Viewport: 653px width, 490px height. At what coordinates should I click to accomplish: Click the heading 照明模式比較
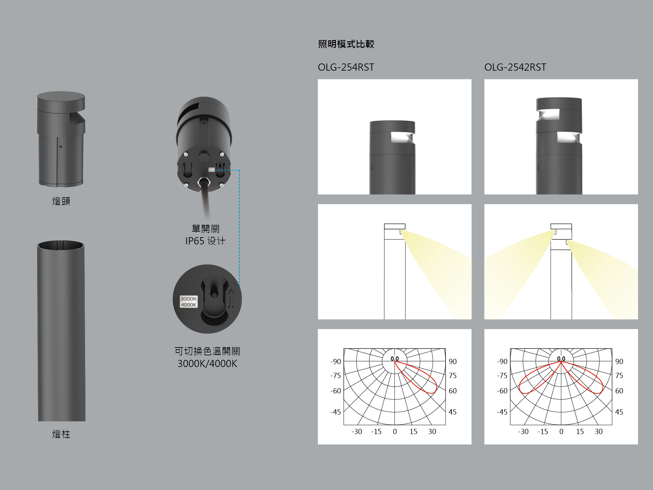coord(346,44)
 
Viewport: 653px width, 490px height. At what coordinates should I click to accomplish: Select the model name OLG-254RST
coord(346,67)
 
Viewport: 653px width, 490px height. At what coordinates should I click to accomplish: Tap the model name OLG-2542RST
coord(515,67)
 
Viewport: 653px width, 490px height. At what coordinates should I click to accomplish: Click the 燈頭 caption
coord(61,201)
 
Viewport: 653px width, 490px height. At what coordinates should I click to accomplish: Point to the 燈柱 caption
coord(61,434)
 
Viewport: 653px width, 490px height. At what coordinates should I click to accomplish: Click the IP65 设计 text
coord(205,241)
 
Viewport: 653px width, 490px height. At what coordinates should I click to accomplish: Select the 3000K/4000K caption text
coord(207,363)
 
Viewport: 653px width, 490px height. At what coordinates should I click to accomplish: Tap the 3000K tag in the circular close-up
coord(189,299)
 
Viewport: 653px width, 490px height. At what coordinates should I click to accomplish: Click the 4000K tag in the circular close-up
coord(189,305)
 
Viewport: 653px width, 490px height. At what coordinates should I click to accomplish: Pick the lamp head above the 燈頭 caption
coord(61,139)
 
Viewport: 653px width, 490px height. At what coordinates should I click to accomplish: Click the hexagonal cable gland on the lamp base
coord(204,183)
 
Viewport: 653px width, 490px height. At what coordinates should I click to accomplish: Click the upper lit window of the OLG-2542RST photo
coord(549,114)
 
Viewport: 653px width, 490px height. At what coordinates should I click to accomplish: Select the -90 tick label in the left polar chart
coord(336,361)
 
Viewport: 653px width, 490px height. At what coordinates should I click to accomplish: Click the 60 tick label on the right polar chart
coord(619,391)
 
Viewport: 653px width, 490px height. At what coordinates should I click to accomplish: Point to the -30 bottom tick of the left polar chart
coord(357,431)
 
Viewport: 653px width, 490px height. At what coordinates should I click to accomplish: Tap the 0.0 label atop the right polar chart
coord(561,359)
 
